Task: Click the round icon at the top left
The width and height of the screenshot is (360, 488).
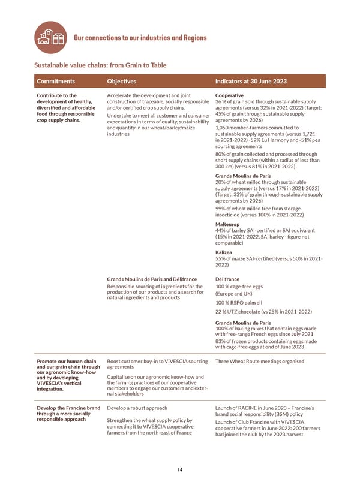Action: tap(51, 37)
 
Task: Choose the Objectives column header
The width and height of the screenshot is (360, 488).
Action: tap(121, 81)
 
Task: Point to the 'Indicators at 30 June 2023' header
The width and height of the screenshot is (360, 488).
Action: tap(251, 81)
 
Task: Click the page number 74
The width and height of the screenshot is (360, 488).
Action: tap(179, 469)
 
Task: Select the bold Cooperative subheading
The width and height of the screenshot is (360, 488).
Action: tap(229, 95)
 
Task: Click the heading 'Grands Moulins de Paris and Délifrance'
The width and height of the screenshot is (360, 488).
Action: tap(151, 279)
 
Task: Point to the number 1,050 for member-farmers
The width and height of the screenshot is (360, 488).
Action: tap(222, 128)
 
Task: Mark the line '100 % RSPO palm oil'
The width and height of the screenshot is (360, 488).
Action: tap(239, 302)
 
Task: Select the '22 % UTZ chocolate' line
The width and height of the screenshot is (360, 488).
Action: tap(263, 312)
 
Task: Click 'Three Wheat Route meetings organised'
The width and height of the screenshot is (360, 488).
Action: tap(259, 362)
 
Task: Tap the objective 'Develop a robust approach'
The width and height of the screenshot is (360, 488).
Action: tap(137, 408)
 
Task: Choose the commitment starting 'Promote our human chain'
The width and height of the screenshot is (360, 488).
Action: tap(66, 362)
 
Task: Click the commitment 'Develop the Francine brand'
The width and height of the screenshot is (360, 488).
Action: tap(68, 408)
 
